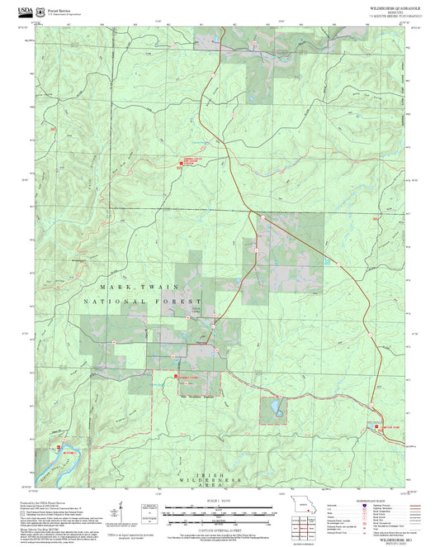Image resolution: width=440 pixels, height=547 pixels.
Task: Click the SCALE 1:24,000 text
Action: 219,501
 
